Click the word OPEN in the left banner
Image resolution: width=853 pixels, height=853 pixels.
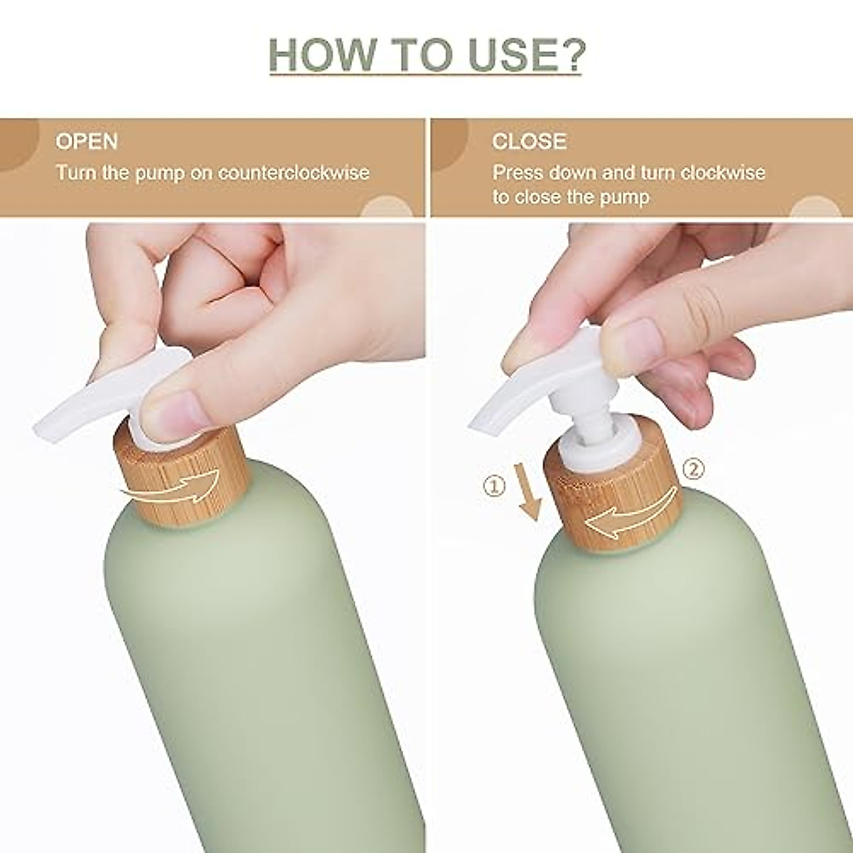coord(87,141)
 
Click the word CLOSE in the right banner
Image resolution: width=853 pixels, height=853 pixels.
coord(529,141)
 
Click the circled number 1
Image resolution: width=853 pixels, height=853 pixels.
coord(494,486)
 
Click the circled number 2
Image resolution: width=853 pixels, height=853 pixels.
coord(693,468)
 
